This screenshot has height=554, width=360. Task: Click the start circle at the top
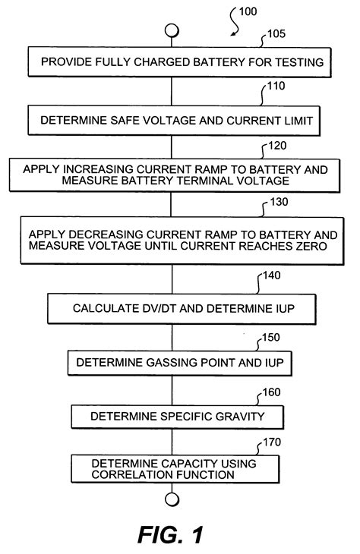(x=172, y=30)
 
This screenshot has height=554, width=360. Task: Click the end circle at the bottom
(x=172, y=498)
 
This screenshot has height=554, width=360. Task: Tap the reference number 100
(x=248, y=12)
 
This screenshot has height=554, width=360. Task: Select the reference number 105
(x=278, y=35)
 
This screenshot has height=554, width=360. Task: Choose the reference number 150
(x=272, y=336)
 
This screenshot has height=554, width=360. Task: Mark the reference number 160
(x=270, y=392)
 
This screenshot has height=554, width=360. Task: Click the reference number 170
(x=271, y=440)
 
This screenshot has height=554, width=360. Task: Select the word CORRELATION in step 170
(x=128, y=474)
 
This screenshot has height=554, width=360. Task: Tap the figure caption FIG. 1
(x=171, y=534)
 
